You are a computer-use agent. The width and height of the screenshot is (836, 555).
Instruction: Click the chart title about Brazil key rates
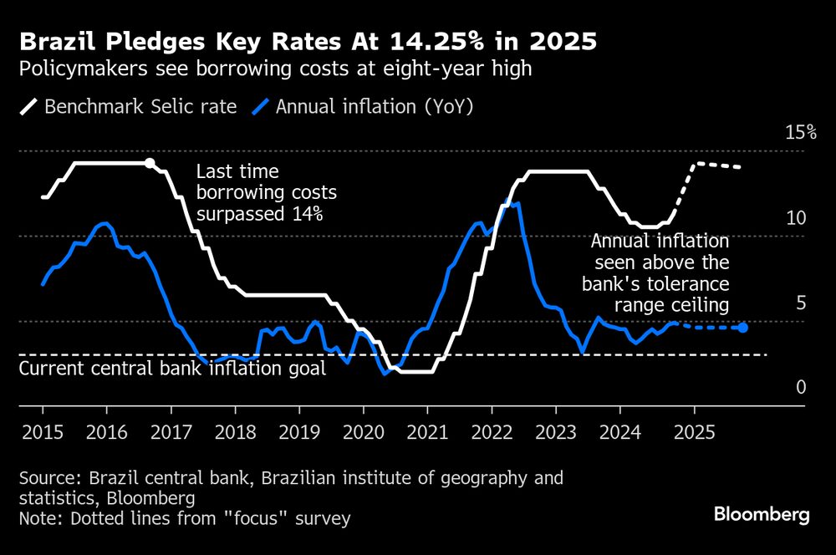point(308,41)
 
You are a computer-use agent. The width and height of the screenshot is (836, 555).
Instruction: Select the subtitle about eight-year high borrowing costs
point(275,69)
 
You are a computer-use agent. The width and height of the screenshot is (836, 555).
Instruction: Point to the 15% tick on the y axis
point(800,133)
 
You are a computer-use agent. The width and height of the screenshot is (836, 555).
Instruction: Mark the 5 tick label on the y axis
point(800,303)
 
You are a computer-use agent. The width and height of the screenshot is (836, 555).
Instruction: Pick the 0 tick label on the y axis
point(800,388)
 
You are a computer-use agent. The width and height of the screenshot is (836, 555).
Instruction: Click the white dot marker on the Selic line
point(149,163)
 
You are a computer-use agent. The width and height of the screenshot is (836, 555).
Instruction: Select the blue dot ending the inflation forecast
point(742,327)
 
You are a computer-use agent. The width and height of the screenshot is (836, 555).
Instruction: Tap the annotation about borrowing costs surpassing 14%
point(266,193)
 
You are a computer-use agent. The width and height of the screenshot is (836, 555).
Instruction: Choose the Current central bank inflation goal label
point(172,369)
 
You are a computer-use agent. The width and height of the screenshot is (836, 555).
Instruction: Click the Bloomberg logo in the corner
point(762,515)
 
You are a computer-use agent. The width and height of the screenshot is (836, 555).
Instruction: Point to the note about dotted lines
point(184,519)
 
